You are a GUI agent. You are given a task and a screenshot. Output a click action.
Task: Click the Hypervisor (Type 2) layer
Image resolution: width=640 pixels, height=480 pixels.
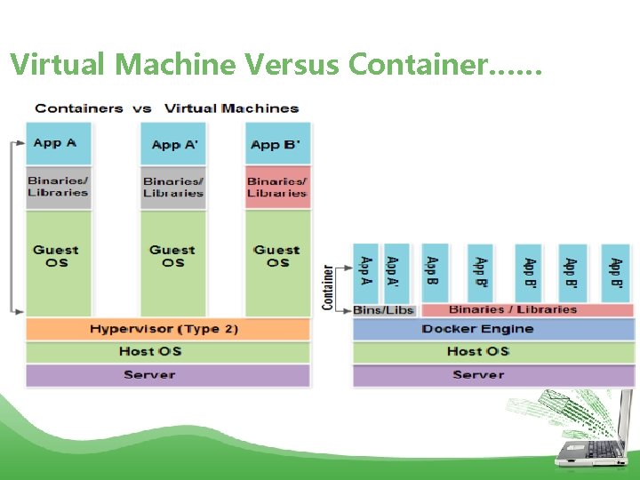pos(168,329)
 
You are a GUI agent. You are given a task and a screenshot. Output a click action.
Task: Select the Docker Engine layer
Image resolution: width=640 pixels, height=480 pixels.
pos(493,329)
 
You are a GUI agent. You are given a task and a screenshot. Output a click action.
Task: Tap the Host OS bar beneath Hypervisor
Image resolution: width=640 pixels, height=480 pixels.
pos(168,351)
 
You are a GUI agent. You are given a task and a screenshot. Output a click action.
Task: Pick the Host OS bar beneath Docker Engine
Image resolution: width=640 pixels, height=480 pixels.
pos(493,351)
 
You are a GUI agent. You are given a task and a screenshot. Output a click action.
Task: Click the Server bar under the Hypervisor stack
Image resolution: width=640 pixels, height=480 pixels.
pos(168,375)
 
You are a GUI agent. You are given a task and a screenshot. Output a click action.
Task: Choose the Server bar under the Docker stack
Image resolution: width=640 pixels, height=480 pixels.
pos(493,375)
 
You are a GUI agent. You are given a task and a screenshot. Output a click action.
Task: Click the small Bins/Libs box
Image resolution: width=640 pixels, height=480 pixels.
pos(384,309)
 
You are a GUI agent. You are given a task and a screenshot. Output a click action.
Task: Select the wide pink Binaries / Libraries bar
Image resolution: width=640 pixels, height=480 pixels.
pos(526,309)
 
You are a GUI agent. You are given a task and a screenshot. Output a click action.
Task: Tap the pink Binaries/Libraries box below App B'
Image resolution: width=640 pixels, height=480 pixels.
pos(277,187)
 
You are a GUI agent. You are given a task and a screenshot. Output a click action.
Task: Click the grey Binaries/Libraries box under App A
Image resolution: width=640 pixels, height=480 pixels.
pos(59,187)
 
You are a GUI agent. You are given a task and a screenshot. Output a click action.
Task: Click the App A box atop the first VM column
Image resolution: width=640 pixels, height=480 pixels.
pos(59,143)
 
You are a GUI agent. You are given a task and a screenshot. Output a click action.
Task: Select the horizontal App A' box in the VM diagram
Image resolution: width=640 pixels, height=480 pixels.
pos(172,144)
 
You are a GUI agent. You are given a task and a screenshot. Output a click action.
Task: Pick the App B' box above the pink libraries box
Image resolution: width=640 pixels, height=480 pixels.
pos(277,144)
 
